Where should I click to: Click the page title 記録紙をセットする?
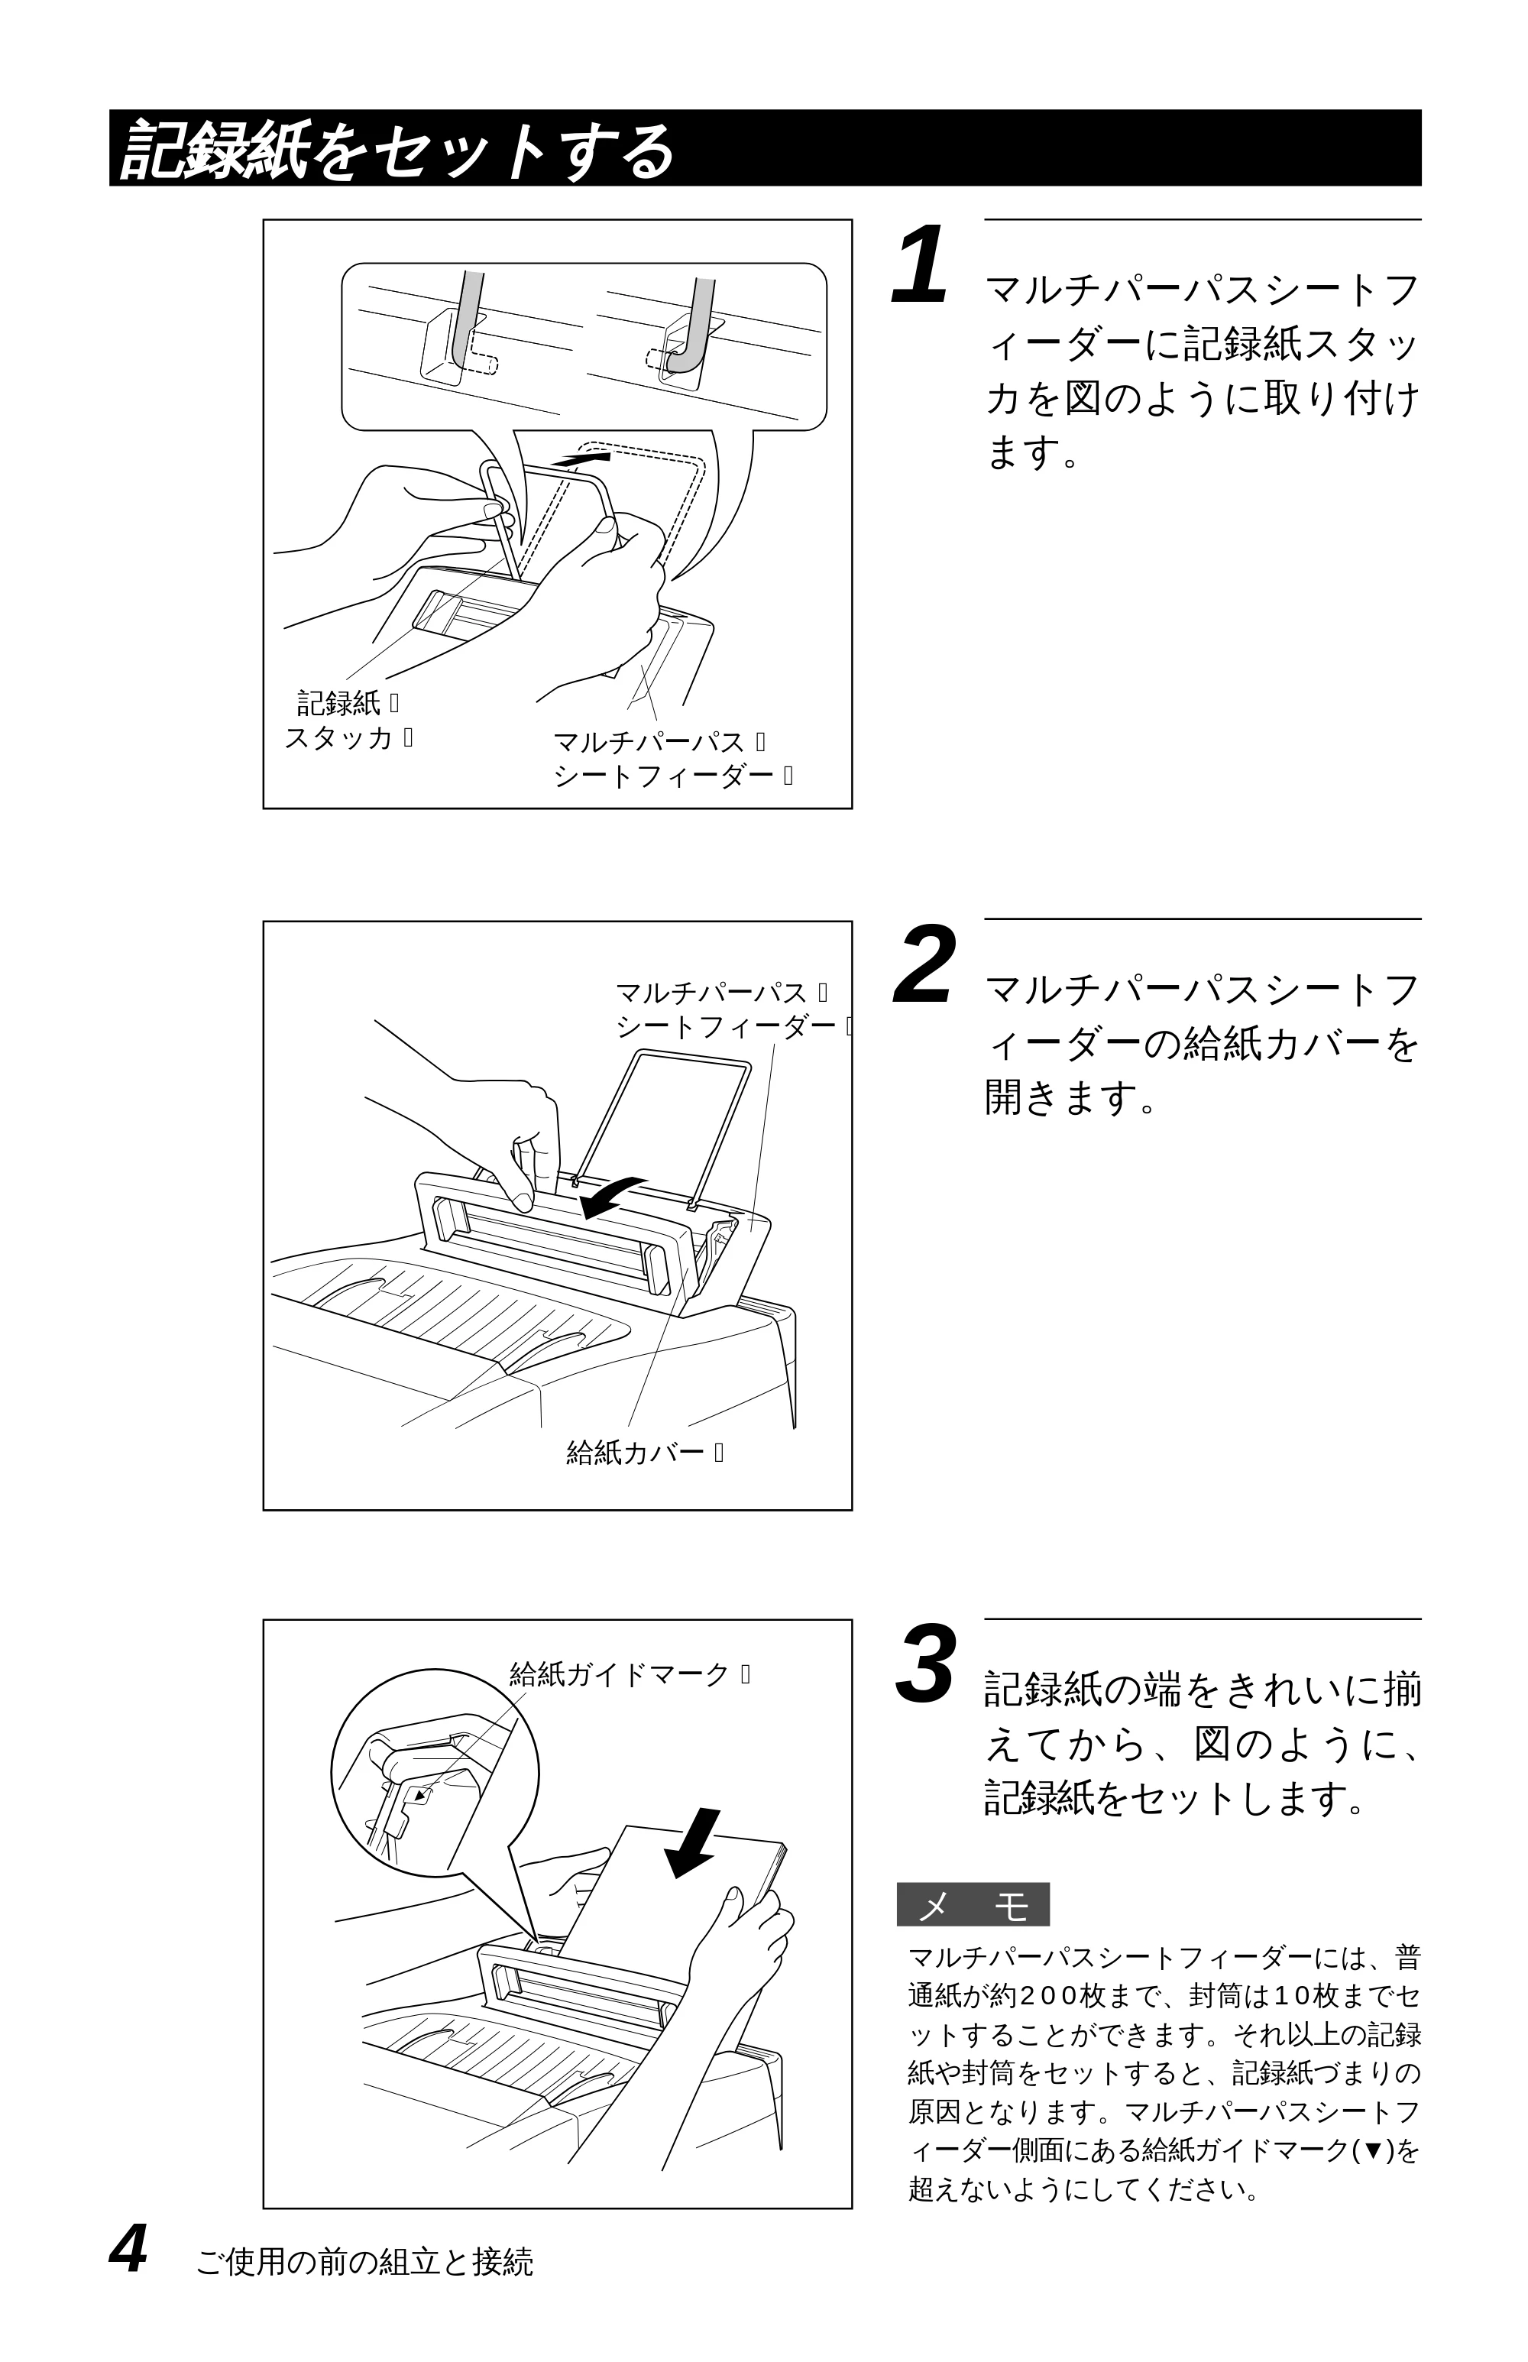tap(397, 150)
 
